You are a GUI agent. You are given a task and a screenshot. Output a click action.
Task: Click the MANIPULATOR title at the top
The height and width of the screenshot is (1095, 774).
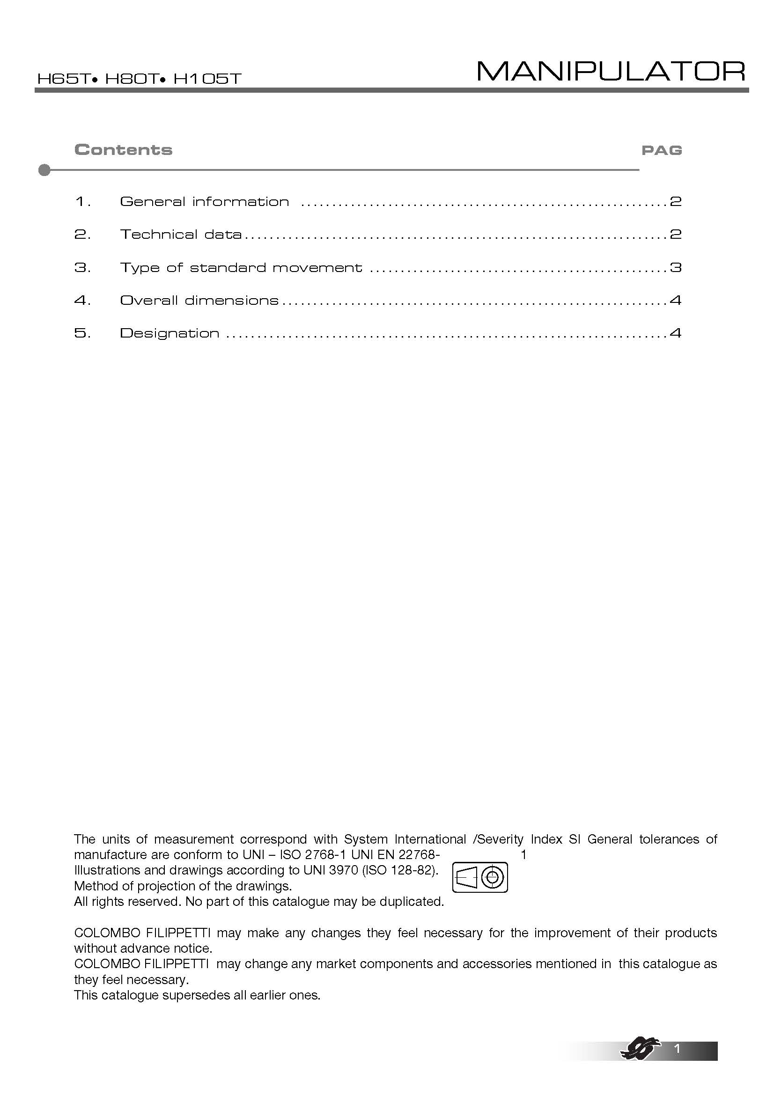[611, 72]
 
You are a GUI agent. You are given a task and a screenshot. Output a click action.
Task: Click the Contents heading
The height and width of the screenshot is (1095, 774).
[123, 150]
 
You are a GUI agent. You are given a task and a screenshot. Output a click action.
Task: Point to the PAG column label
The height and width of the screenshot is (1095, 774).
[662, 151]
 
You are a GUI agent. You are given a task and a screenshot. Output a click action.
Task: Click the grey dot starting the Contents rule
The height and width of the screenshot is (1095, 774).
[44, 170]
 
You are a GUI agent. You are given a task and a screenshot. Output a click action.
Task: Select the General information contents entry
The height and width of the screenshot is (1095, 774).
[204, 202]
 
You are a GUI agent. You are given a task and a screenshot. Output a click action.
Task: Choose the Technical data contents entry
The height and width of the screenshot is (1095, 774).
[181, 235]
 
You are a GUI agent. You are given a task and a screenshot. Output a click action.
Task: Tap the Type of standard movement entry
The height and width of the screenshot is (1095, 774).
[241, 268]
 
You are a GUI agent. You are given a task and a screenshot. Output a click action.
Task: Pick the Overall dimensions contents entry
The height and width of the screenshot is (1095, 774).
[199, 301]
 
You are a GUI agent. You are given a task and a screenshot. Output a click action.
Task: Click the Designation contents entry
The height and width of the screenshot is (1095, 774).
[170, 333]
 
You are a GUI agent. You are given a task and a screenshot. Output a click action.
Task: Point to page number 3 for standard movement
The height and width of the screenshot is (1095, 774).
[675, 268]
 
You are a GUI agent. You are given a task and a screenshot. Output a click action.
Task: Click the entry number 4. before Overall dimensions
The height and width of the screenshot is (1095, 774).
[82, 301]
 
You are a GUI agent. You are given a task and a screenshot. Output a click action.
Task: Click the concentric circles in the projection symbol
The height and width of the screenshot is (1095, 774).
[493, 877]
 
